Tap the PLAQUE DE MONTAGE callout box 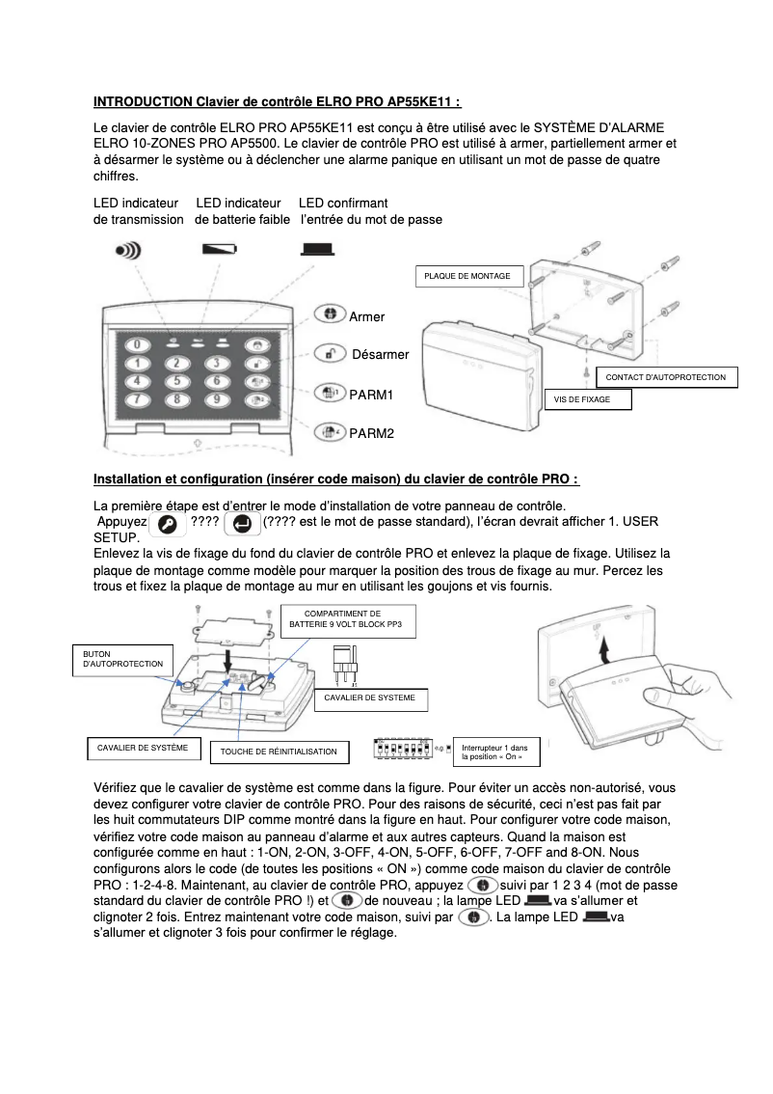(470, 277)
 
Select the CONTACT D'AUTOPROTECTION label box (666, 376)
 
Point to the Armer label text (366, 316)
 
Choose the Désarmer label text (380, 355)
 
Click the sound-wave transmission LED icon (127, 249)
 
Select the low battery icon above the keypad (218, 249)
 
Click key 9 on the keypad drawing (218, 398)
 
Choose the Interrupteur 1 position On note (495, 752)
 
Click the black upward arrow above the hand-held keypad (603, 653)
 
